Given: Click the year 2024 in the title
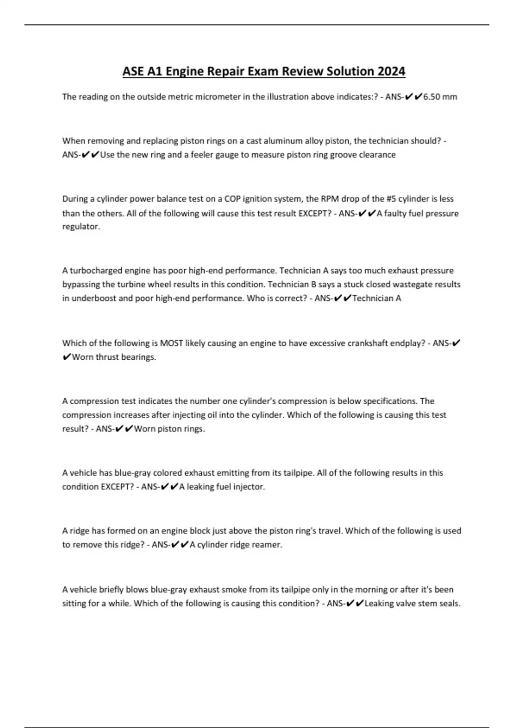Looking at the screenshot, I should pos(391,71).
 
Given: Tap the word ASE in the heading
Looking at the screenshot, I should pos(133,71).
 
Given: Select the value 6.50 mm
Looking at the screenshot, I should pos(440,97).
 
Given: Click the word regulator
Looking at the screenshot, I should pos(81,227).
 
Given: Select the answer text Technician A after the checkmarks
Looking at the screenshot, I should pos(377,298).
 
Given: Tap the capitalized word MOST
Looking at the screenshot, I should pos(171,343).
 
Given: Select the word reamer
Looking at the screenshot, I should pos(268,545).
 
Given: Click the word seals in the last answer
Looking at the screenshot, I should pos(450,604).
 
